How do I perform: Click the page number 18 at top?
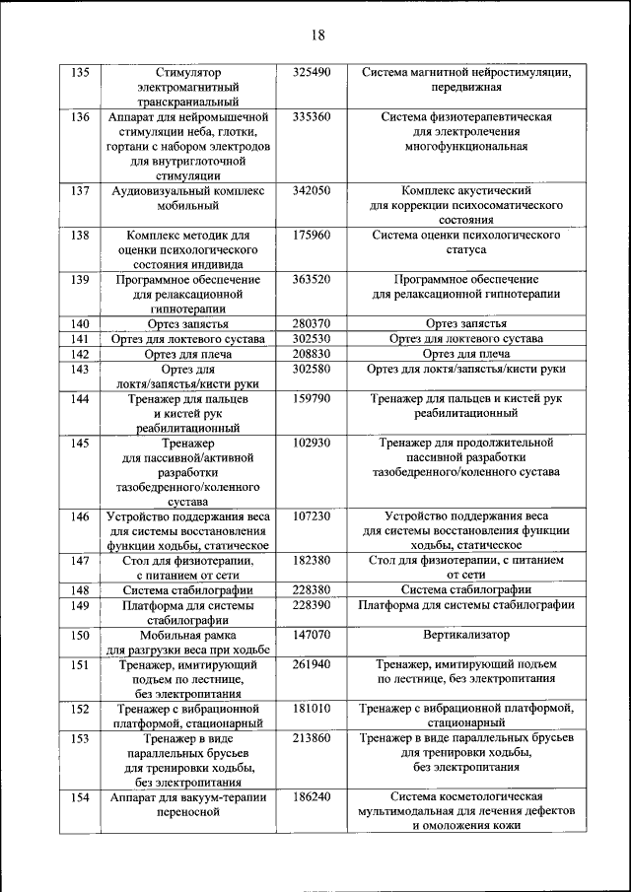click(316, 35)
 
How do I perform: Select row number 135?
click(82, 73)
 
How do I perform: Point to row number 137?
click(82, 190)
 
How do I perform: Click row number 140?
click(82, 324)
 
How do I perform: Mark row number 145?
click(82, 444)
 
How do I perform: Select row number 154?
click(82, 797)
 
